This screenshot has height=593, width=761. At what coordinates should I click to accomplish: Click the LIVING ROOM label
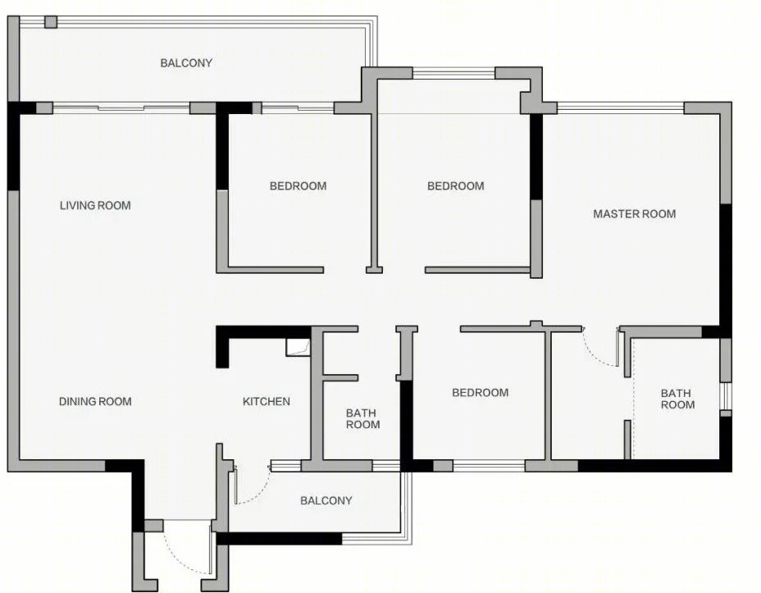[95, 205]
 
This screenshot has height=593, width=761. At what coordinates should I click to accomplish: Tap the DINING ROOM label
[95, 401]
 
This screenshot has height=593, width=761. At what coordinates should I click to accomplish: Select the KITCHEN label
[267, 401]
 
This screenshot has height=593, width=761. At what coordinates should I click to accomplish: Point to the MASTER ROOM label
[635, 213]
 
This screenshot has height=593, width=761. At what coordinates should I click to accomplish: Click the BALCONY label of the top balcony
[186, 62]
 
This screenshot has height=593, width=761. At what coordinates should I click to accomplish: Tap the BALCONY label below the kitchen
[326, 500]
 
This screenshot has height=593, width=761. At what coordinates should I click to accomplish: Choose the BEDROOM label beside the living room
[298, 186]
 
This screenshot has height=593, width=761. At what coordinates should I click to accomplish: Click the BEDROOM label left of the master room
[456, 186]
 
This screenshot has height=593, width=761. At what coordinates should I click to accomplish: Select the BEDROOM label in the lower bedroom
[481, 393]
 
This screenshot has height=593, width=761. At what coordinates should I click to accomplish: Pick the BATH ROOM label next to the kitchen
[362, 419]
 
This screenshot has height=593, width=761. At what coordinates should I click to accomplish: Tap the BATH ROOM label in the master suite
[677, 399]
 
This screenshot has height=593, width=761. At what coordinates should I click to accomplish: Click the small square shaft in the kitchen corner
[298, 348]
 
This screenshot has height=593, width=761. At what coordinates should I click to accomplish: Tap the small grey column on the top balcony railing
[51, 22]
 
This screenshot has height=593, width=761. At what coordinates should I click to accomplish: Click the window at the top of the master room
[621, 107]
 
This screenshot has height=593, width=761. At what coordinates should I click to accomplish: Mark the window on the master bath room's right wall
[726, 396]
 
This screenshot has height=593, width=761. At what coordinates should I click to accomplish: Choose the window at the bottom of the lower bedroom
[489, 466]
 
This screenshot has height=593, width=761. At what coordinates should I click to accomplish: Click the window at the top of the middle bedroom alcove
[453, 73]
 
